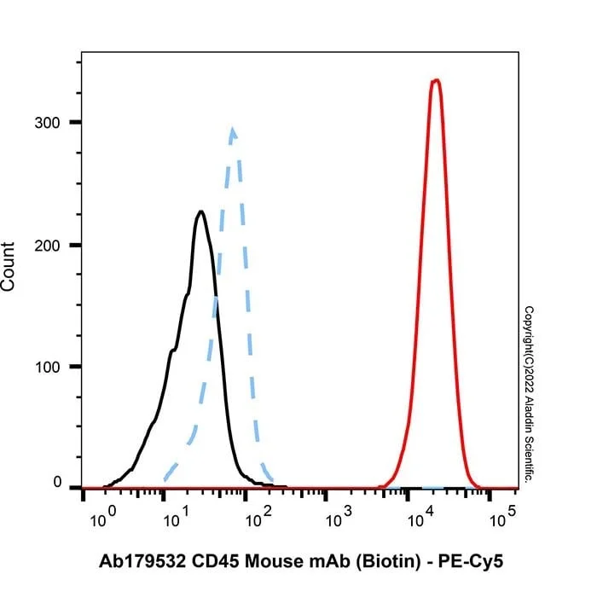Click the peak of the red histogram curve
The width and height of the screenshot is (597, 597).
tap(436, 80)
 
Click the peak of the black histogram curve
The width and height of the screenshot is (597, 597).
tap(200, 212)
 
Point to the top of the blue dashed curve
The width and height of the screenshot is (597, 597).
tap(233, 130)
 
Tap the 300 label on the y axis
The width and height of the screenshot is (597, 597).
tap(47, 123)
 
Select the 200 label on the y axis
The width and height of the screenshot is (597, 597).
tap(47, 246)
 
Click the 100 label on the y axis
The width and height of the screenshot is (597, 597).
tap(48, 368)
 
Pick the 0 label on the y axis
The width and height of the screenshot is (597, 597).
tap(57, 482)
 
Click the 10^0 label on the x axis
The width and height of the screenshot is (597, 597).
tap(103, 517)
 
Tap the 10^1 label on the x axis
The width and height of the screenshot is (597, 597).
tap(177, 517)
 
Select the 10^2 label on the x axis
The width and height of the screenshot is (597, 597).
tap(258, 517)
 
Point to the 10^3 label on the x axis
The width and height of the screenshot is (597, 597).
tap(339, 517)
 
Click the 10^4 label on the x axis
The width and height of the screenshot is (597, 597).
tap(420, 517)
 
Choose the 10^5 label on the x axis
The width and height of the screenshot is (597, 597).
tap(502, 517)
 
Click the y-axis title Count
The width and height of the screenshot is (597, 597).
tap(8, 266)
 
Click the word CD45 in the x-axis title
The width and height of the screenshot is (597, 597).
tap(215, 561)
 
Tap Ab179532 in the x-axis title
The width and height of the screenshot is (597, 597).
tap(142, 561)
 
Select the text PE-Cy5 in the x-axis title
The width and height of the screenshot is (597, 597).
tap(471, 562)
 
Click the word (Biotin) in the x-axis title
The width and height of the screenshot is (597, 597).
tap(388, 562)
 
